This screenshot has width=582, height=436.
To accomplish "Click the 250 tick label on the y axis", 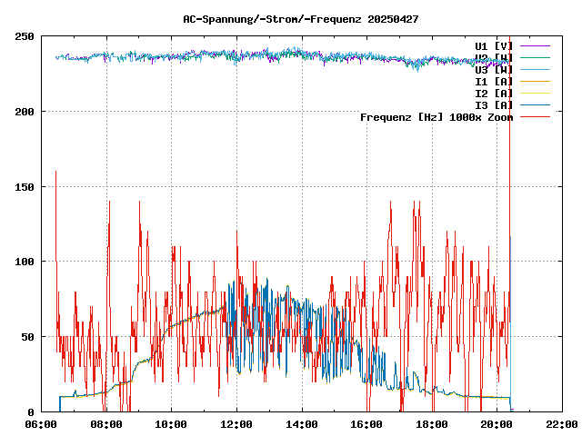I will pyautogui.click(x=25, y=36).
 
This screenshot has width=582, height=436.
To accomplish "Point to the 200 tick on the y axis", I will pyautogui.click(x=25, y=112).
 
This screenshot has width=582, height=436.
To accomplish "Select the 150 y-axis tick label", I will pyautogui.click(x=25, y=186).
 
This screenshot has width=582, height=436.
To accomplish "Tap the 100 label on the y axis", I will pyautogui.click(x=25, y=262).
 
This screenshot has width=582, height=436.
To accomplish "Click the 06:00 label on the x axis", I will pyautogui.click(x=42, y=424).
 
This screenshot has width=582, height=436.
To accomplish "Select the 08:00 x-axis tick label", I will pyautogui.click(x=106, y=424).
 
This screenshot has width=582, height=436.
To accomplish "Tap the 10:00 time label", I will pyautogui.click(x=172, y=424).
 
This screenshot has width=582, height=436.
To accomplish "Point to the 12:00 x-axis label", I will pyautogui.click(x=236, y=424).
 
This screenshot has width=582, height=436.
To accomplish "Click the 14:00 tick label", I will pyautogui.click(x=302, y=424).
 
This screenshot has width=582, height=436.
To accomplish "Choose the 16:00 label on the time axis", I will pyautogui.click(x=366, y=424).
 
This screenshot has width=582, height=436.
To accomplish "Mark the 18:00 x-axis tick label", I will pyautogui.click(x=432, y=424).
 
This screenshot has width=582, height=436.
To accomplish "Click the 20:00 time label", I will pyautogui.click(x=497, y=424).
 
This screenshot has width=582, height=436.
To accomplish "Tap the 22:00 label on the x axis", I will pyautogui.click(x=561, y=424).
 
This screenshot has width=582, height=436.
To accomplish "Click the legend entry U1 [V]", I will pyautogui.click(x=494, y=45).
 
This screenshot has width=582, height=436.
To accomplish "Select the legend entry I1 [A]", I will pyautogui.click(x=494, y=81).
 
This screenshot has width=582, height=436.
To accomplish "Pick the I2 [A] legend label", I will pyautogui.click(x=494, y=93).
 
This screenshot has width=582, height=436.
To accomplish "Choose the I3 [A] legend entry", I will pyautogui.click(x=494, y=104).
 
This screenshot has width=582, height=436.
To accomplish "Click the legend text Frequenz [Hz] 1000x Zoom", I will pyautogui.click(x=436, y=117).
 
